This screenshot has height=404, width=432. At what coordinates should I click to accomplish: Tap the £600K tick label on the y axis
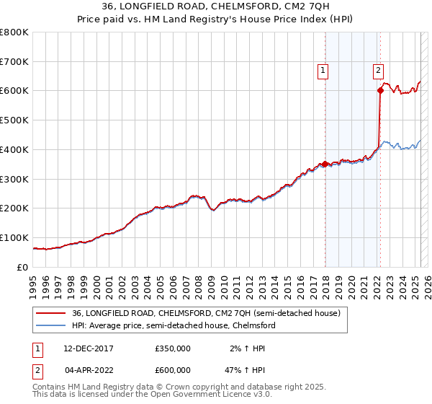tap(14, 91)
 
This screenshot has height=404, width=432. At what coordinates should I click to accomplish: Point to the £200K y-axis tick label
tap(14, 208)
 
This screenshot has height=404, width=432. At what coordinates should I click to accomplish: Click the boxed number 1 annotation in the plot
tap(323, 71)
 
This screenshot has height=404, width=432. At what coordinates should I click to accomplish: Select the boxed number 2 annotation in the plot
tap(378, 71)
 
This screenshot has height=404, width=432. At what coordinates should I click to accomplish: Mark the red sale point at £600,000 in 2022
tap(379, 91)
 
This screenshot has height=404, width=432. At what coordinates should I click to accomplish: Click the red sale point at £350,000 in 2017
tap(325, 164)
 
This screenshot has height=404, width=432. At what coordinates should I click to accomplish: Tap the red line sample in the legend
tap(50, 313)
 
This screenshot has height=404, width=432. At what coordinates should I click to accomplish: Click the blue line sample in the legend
tap(50, 325)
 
